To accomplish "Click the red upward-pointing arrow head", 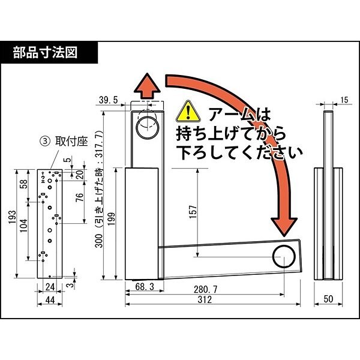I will click(x=146, y=86).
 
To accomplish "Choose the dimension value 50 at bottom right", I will click(x=328, y=298).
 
